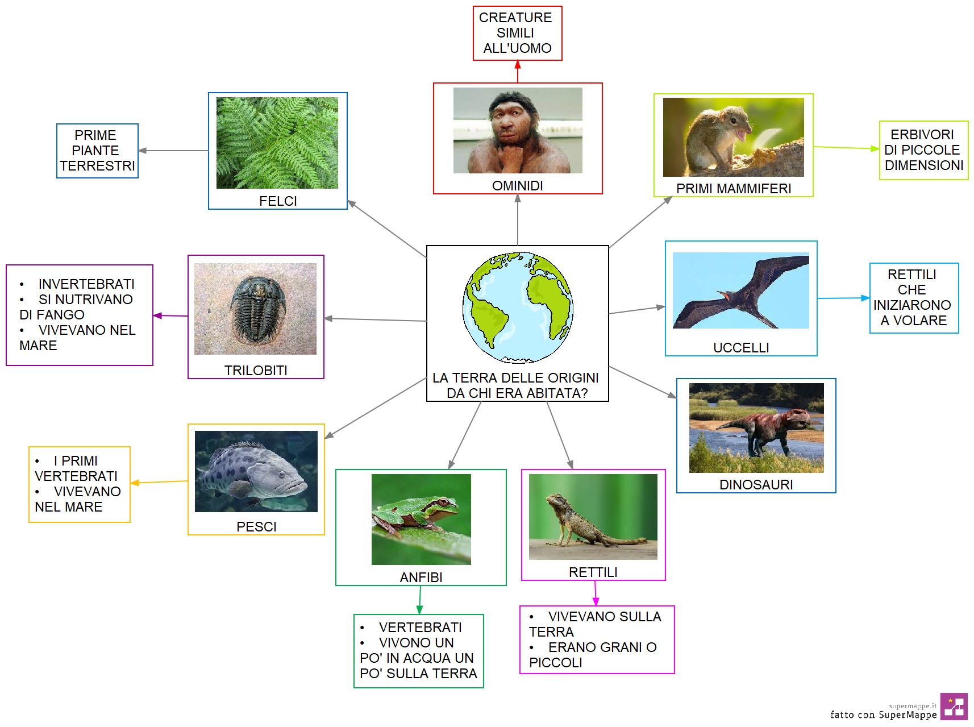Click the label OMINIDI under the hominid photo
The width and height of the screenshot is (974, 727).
[517, 186]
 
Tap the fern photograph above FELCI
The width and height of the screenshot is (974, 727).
[277, 143]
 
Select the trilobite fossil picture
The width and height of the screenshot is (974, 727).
[255, 309]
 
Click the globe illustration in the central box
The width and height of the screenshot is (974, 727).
[518, 308]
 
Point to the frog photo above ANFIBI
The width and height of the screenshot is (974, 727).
[421, 520]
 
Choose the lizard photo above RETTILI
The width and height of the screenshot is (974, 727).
[593, 517]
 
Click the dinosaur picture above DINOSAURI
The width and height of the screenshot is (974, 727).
[756, 428]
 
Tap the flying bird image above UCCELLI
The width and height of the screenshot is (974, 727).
[741, 290]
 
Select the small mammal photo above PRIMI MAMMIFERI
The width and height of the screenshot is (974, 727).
[734, 137]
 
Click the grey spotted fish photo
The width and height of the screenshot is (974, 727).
[256, 471]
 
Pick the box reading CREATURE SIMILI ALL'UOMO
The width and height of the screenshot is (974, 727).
[518, 33]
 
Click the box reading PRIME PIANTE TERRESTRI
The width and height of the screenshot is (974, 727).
[97, 151]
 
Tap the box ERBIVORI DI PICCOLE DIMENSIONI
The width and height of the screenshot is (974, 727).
[923, 150]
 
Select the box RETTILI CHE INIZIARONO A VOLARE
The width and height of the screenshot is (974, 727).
[914, 298]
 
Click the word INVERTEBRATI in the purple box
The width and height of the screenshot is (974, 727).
[86, 284]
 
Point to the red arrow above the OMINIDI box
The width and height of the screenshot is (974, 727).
[518, 72]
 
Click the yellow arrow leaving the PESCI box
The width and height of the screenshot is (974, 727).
[159, 482]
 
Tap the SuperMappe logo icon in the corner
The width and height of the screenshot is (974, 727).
[954, 707]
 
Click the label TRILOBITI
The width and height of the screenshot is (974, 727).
[256, 371]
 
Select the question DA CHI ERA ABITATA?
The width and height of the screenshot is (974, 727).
[517, 393]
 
